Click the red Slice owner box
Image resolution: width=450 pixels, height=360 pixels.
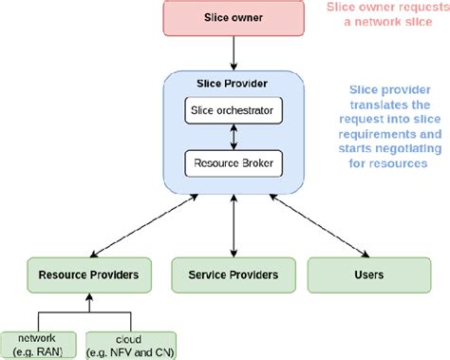click(x=234, y=19)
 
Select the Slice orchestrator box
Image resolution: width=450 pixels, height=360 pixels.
click(x=234, y=112)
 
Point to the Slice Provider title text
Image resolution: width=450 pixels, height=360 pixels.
click(x=234, y=83)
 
